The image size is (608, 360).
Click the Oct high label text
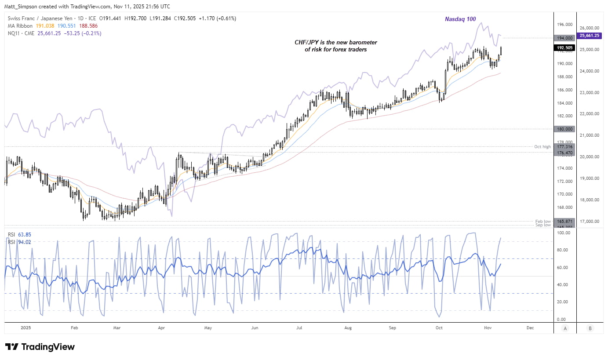[543, 147]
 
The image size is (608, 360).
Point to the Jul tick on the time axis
[299, 328]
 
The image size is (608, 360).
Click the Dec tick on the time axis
[530, 328]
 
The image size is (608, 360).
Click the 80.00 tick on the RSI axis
[563, 250]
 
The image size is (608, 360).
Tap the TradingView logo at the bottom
[40, 347]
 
